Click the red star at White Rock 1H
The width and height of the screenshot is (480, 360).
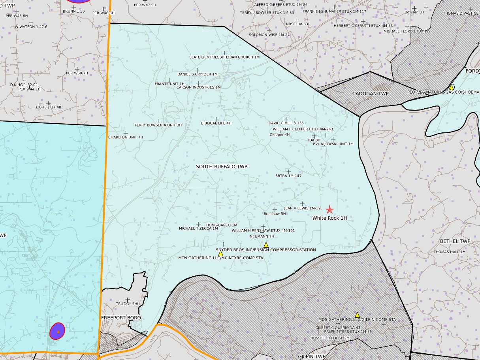[329, 210]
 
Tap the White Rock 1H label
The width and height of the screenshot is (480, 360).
[329, 218]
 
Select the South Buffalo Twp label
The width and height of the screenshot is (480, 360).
[222, 167]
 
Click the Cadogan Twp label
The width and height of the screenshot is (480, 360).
[370, 94]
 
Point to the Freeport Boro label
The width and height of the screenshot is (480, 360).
[121, 318]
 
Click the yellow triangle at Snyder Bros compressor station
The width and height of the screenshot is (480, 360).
[266, 245]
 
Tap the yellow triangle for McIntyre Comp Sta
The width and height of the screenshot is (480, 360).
[220, 254]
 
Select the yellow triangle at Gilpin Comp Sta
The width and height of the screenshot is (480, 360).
[357, 315]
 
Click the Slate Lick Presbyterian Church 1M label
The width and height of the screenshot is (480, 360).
[224, 57]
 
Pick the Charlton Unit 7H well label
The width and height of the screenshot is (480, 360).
[126, 137]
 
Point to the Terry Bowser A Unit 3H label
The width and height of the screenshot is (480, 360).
[158, 125]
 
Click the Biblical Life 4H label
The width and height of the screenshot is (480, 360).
[216, 123]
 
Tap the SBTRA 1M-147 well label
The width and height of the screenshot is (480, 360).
[288, 175]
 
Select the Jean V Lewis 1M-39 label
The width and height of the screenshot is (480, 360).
[302, 208]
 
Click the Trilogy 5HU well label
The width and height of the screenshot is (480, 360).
[128, 303]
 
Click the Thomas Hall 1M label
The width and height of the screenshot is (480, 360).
[450, 252]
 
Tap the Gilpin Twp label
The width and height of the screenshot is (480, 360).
[312, 356]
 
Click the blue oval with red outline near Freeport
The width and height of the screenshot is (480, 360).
[57, 331]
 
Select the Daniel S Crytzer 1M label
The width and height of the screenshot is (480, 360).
[197, 74]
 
